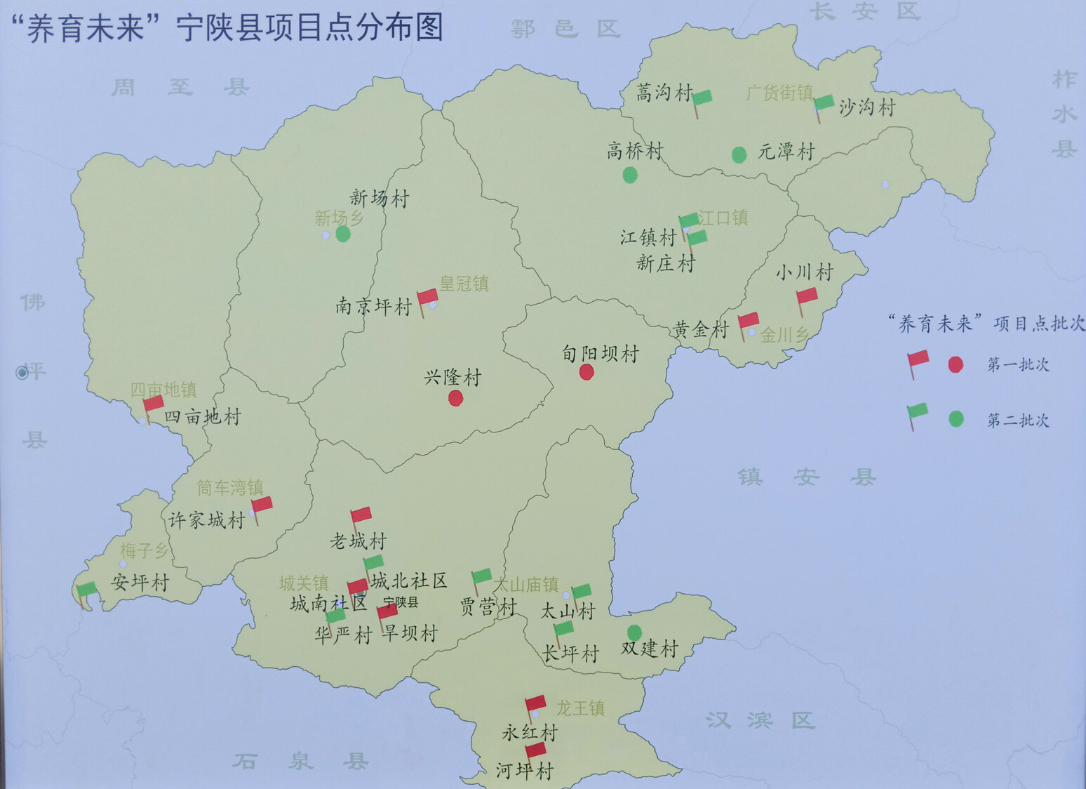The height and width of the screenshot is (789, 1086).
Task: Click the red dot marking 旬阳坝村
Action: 587,372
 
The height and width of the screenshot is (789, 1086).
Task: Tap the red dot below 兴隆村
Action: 456,399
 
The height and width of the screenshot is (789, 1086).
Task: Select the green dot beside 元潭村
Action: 739,154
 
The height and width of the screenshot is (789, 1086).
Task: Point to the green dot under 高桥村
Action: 630,175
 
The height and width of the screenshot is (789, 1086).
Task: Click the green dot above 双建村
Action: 634,632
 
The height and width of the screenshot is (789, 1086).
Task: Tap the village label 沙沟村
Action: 867,108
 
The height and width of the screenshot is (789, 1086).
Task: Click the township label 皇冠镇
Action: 464,284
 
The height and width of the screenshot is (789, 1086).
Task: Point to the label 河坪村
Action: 525,771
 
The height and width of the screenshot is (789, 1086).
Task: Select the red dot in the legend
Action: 955,364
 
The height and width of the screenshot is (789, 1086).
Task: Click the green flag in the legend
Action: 917,413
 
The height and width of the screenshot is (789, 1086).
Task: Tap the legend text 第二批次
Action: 1018,420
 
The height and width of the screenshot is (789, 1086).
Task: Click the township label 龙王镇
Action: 580,708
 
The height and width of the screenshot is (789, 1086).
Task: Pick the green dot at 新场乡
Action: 343,234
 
